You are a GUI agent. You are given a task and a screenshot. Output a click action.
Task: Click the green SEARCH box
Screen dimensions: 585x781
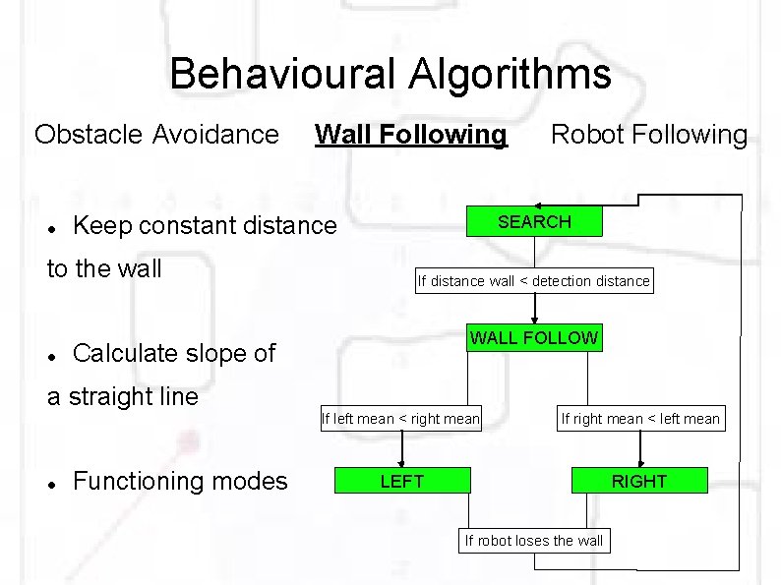534,222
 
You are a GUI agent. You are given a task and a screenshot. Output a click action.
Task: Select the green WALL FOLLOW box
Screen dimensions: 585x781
533,338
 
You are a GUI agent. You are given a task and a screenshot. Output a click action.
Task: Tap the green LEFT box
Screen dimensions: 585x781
401,481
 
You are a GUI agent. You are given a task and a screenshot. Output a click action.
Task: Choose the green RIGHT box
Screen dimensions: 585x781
639,481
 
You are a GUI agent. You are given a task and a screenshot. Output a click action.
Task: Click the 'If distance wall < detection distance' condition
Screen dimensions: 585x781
534,281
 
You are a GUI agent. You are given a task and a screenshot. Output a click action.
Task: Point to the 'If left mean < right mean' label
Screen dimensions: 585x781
401,419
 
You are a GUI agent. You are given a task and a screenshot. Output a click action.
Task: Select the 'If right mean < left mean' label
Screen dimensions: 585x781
640,419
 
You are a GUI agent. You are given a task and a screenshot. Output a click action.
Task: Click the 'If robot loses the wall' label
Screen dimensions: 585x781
534,540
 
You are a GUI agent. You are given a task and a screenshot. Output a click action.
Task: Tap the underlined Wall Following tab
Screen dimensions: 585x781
411,134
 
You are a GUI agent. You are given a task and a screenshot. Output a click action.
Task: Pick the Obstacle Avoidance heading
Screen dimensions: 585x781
156,134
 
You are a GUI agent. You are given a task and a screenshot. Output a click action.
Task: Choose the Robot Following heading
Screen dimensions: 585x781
649,134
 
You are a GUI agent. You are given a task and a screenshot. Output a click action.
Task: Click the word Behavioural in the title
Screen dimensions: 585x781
275,74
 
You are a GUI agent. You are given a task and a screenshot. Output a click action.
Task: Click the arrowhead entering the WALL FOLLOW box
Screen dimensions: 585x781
534,321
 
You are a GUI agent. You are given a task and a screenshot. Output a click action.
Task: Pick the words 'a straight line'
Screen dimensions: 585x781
123,396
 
